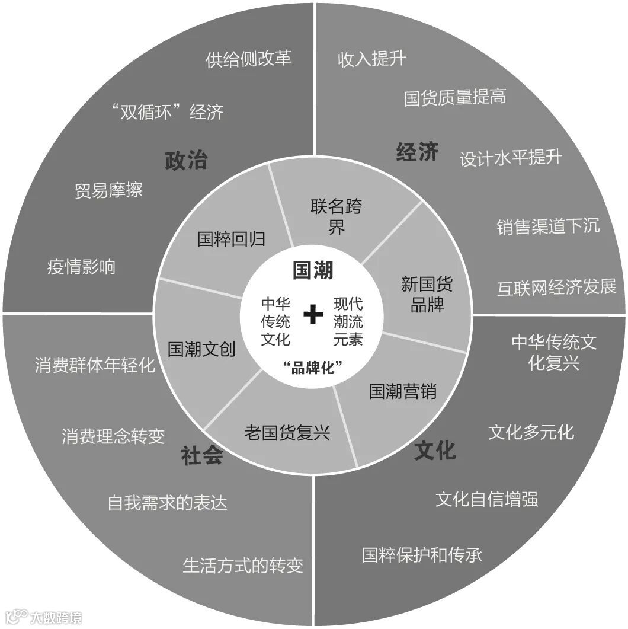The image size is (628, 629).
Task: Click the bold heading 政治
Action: click(x=186, y=160)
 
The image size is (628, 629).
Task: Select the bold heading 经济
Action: click(x=417, y=152)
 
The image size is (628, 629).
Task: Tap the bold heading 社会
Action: click(x=202, y=455)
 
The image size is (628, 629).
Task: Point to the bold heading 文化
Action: click(x=435, y=450)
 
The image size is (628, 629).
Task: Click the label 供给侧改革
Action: click(x=249, y=59)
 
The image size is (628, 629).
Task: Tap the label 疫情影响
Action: click(x=81, y=267)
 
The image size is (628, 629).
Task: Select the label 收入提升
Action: click(x=371, y=59)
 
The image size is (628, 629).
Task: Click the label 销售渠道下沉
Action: click(x=548, y=226)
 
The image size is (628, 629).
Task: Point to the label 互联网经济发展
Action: click(x=556, y=287)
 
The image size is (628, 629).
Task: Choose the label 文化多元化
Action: click(x=531, y=432)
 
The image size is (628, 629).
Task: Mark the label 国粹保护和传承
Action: click(x=422, y=554)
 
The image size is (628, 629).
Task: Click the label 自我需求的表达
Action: click(x=167, y=503)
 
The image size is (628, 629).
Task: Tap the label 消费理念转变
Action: click(x=113, y=436)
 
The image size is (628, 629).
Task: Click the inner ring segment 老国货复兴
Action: click(x=287, y=433)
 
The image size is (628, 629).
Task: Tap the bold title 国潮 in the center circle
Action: click(x=313, y=270)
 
